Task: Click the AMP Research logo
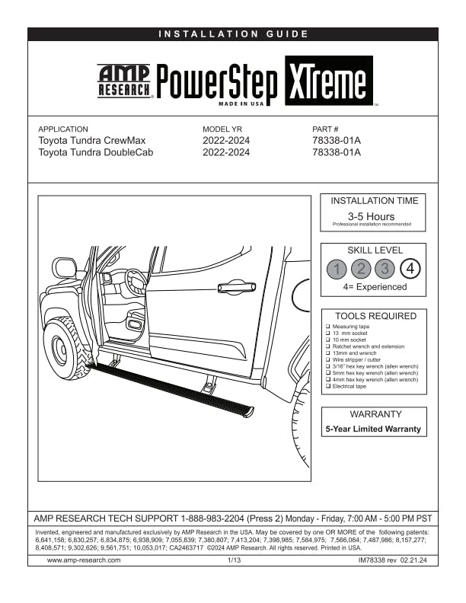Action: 125,81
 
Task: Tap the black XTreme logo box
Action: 329,81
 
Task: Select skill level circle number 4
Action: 410,269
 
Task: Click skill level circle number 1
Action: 337,269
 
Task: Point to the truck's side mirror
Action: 65,268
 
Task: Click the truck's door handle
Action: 236,287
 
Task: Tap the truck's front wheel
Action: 62,347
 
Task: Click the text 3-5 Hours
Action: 371,216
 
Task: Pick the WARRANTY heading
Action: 374,415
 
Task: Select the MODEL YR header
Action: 222,129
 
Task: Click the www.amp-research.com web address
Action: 84,560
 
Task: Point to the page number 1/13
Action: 234,560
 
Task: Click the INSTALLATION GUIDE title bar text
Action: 233,33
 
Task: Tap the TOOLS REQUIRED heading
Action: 375,316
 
